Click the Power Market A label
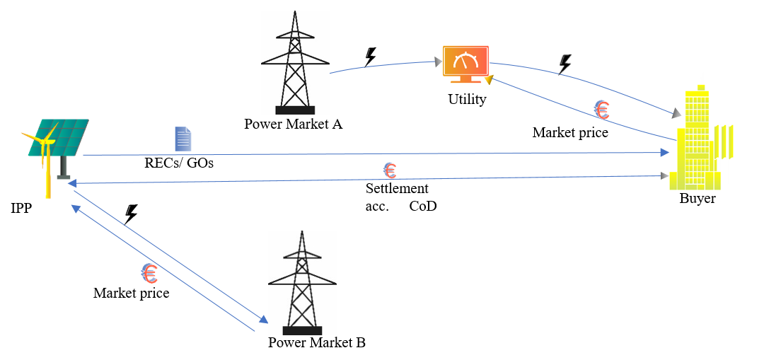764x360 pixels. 293,124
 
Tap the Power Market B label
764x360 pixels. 316,343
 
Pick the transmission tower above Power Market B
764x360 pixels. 302,280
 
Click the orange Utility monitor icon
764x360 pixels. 465,64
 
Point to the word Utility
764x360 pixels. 467,99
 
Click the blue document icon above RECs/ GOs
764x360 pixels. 183,138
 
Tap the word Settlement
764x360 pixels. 397,189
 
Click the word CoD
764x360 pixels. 423,207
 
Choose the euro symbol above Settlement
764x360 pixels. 389,170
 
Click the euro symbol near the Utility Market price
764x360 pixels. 601,110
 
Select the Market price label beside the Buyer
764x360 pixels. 570,132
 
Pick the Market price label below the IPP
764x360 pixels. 131,293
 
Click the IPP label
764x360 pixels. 22,209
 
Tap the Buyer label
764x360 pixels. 698,198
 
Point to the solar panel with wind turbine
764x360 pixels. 57,145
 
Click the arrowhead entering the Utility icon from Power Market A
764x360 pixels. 439,62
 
